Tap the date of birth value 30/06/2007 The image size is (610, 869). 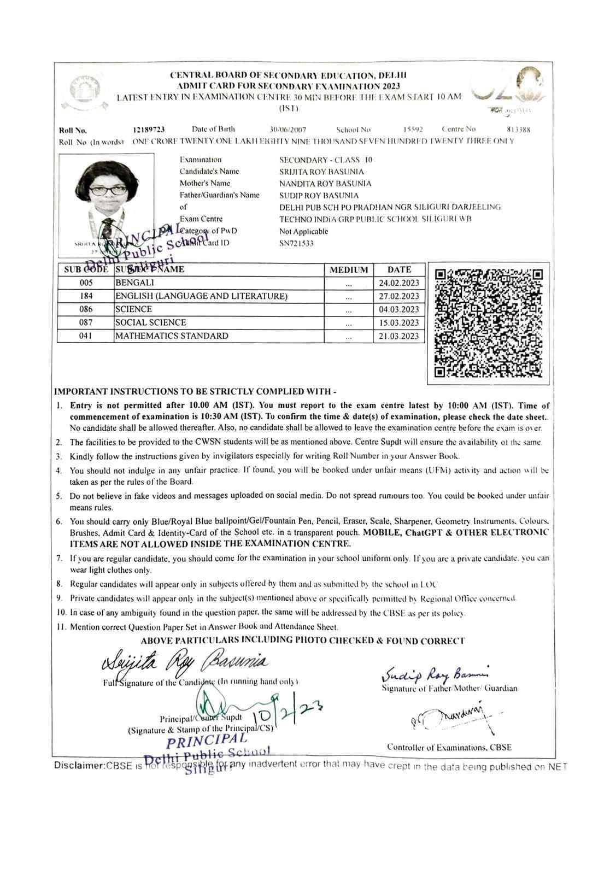[288, 130]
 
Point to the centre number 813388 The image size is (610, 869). [519, 130]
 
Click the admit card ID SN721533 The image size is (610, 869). [296, 243]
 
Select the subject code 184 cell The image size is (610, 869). [86, 296]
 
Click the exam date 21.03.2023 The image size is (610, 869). [399, 336]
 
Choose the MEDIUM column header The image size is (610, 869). [349, 269]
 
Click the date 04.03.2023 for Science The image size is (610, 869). [399, 309]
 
